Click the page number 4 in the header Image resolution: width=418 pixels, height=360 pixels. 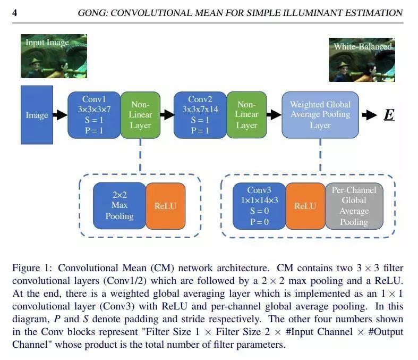click(14, 12)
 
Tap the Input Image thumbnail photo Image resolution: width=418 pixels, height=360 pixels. click(53, 56)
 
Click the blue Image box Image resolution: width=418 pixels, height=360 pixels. click(37, 115)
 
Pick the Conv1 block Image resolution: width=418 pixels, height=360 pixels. click(94, 115)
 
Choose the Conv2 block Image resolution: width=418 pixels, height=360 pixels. click(200, 115)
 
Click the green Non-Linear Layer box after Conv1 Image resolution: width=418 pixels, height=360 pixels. click(140, 115)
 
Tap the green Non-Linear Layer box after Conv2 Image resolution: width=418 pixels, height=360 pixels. click(246, 115)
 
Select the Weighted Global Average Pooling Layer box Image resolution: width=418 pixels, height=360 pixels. click(320, 115)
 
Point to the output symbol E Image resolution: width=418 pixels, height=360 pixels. click(389, 115)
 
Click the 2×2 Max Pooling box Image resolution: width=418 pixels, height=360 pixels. click(119, 205)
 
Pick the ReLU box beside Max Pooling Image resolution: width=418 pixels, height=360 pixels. click(165, 205)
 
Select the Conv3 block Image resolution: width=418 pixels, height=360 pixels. click(259, 205)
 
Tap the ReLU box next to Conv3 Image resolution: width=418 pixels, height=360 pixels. click(305, 205)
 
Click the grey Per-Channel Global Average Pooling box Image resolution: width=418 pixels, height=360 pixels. click(354, 205)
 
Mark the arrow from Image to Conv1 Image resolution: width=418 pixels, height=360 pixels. click(61, 114)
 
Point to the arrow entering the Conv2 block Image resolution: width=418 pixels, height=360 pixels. click(167, 114)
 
